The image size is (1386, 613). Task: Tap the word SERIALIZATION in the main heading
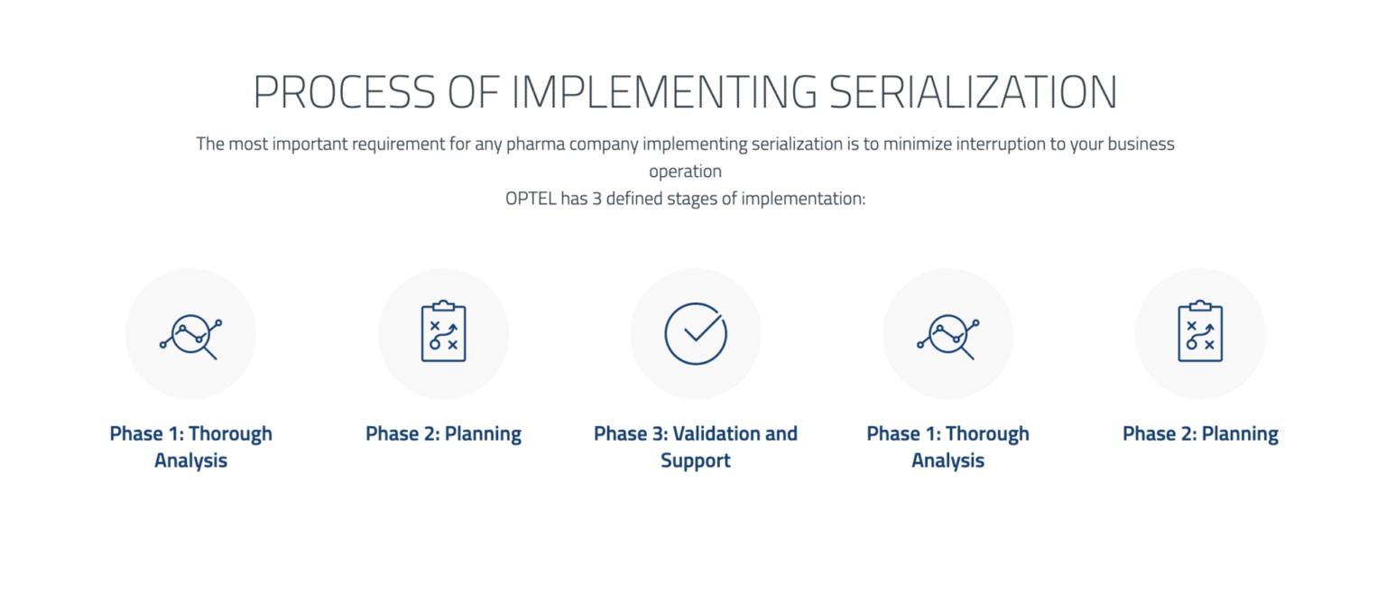tap(973, 92)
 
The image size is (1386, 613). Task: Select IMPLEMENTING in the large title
tap(664, 92)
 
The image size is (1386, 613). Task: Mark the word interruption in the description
tap(1000, 144)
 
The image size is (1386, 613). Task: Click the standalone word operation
tap(685, 172)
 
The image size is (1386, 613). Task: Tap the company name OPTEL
tap(531, 199)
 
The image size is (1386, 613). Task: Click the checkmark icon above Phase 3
tap(696, 333)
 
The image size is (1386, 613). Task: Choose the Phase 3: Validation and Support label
tap(696, 447)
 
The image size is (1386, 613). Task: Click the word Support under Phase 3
tap(696, 461)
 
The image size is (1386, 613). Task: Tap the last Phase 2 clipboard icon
tap(1200, 333)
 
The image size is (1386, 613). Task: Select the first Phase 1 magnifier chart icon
tap(190, 333)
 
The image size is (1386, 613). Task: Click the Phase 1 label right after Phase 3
tap(947, 447)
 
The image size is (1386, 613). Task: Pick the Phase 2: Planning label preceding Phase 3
tap(443, 434)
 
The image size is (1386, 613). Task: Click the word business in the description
tap(1137, 144)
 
